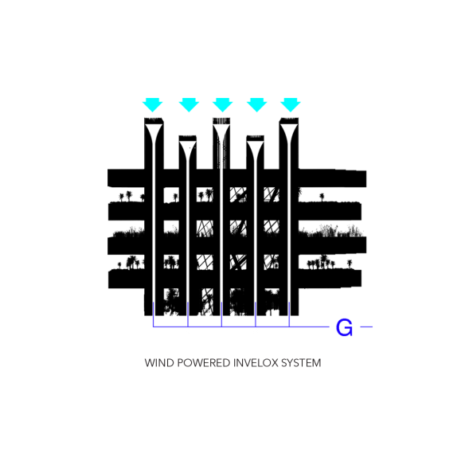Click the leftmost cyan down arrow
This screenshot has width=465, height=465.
pyautogui.click(x=152, y=104)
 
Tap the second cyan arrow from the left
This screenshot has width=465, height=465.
pyautogui.click(x=189, y=104)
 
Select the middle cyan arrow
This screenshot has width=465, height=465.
pyautogui.click(x=223, y=104)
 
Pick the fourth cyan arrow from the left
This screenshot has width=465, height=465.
pyautogui.click(x=257, y=104)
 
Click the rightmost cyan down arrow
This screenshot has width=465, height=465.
pyautogui.click(x=291, y=104)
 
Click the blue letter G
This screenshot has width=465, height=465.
pyautogui.click(x=344, y=327)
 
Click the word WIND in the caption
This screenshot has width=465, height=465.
pyautogui.click(x=158, y=363)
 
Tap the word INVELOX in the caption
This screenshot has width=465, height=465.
pyautogui.click(x=256, y=363)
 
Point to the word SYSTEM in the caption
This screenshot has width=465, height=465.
pyautogui.click(x=301, y=363)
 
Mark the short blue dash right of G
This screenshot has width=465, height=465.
pyautogui.click(x=366, y=326)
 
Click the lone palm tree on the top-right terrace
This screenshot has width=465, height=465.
pyautogui.click(x=322, y=197)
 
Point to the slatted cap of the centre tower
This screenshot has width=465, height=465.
pyautogui.click(x=221, y=121)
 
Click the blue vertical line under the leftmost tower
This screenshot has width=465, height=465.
pyautogui.click(x=154, y=315)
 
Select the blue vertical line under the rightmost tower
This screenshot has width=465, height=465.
pyautogui.click(x=289, y=315)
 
